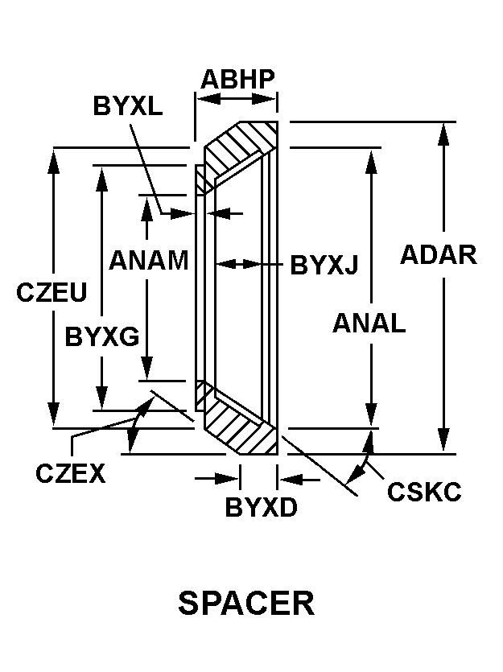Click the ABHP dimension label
pos(237,79)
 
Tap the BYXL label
pos(128,105)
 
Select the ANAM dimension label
pos(149,260)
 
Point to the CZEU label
pos(52,292)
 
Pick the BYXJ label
pos(324,264)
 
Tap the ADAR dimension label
pos(439,254)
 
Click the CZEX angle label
pos(71,473)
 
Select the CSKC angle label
pos(424,491)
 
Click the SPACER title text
pos(246,603)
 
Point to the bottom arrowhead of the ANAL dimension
pos(371,414)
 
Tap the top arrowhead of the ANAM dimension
pos(147,204)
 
